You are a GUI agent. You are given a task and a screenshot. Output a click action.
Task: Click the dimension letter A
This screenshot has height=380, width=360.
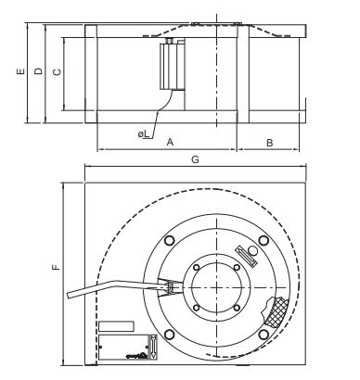pos(170,142)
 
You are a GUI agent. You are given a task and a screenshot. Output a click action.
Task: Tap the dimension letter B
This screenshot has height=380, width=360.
pos(270,143)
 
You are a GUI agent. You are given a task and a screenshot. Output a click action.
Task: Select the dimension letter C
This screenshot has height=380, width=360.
pos(58,72)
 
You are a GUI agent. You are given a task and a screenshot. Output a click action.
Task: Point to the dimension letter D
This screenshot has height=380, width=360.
pos(38,71)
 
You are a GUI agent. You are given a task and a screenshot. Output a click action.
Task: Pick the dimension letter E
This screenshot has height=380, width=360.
pos(20,71)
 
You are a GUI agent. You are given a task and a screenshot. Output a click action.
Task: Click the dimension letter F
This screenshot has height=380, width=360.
pos(56,267)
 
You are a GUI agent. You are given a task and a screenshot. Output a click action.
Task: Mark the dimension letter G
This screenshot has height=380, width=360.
pos(195,159)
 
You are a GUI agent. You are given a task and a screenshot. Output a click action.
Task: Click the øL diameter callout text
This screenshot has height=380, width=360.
pos(144,134)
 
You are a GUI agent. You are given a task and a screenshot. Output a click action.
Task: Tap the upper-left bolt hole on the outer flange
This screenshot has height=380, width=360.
pos(170,240)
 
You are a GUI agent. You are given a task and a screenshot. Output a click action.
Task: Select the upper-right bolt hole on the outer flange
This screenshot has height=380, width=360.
pos(264,240)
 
